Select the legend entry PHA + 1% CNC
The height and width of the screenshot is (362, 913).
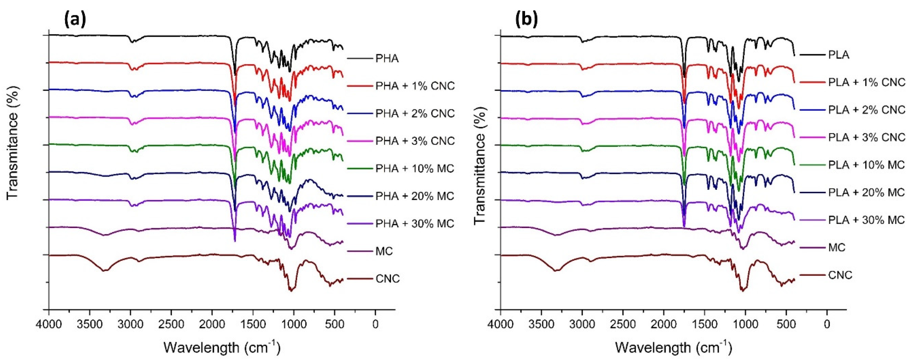(x=415, y=86)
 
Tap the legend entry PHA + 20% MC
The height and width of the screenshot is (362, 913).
(x=415, y=196)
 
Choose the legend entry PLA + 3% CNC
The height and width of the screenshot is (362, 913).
(x=867, y=137)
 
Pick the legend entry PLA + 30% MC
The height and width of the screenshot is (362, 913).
(x=867, y=220)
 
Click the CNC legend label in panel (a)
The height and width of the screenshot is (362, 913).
(x=387, y=279)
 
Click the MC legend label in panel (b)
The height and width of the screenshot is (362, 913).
(x=837, y=247)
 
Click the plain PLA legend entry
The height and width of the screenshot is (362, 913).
(x=839, y=55)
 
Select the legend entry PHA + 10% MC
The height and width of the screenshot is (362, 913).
(x=415, y=169)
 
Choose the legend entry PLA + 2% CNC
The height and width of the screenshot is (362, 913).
(x=867, y=110)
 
